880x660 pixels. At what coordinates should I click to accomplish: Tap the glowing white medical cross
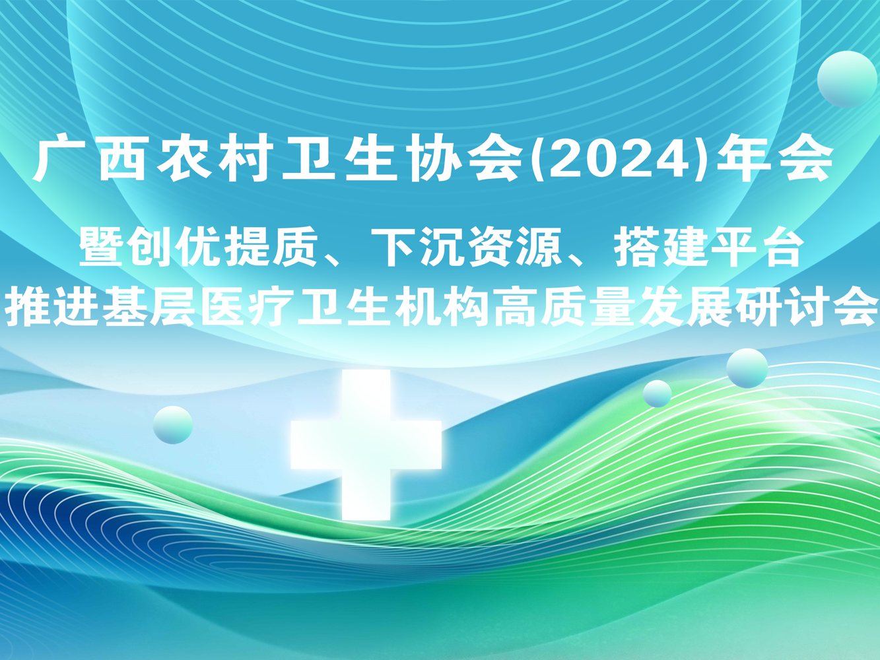pyautogui.click(x=366, y=445)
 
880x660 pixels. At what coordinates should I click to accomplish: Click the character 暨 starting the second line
pyautogui.click(x=100, y=246)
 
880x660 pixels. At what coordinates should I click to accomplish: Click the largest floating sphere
pyautogui.click(x=847, y=79)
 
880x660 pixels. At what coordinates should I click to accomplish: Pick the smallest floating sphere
pyautogui.click(x=657, y=393)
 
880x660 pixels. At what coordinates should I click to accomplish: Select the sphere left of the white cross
pyautogui.click(x=173, y=425)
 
